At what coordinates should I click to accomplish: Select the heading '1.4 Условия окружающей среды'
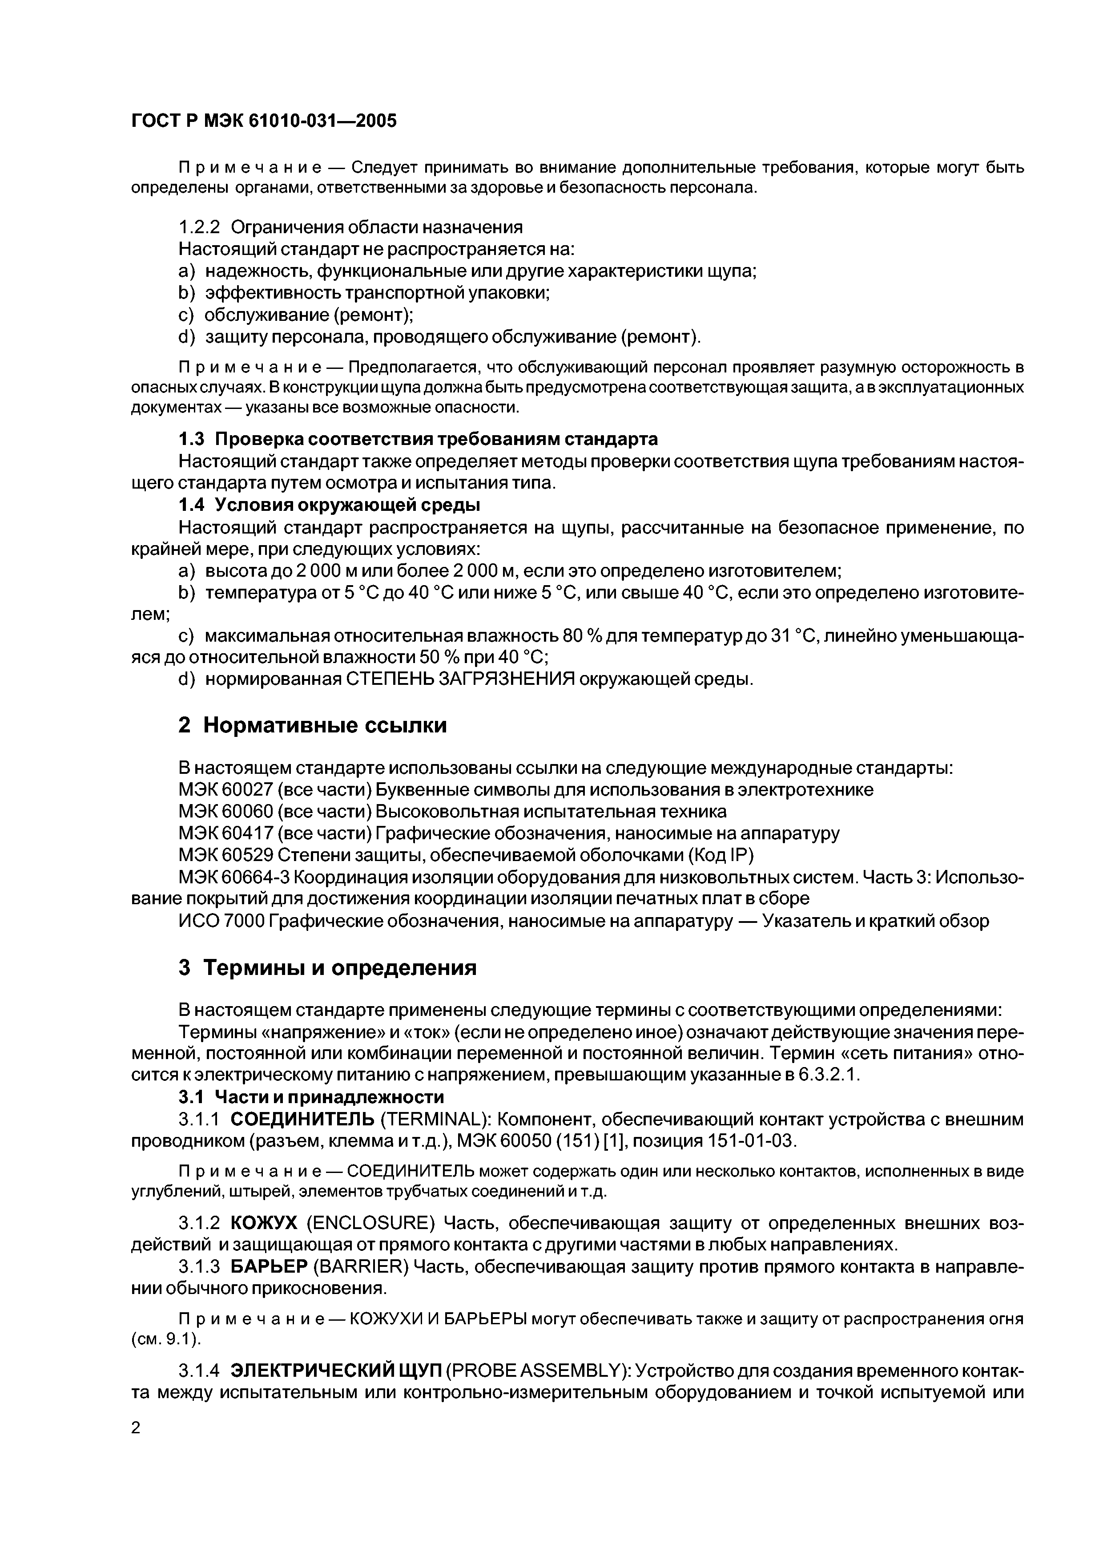point(329,505)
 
